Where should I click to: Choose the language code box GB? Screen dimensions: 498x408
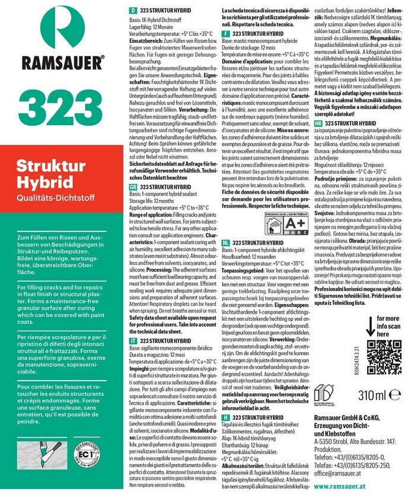pos(134,186)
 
